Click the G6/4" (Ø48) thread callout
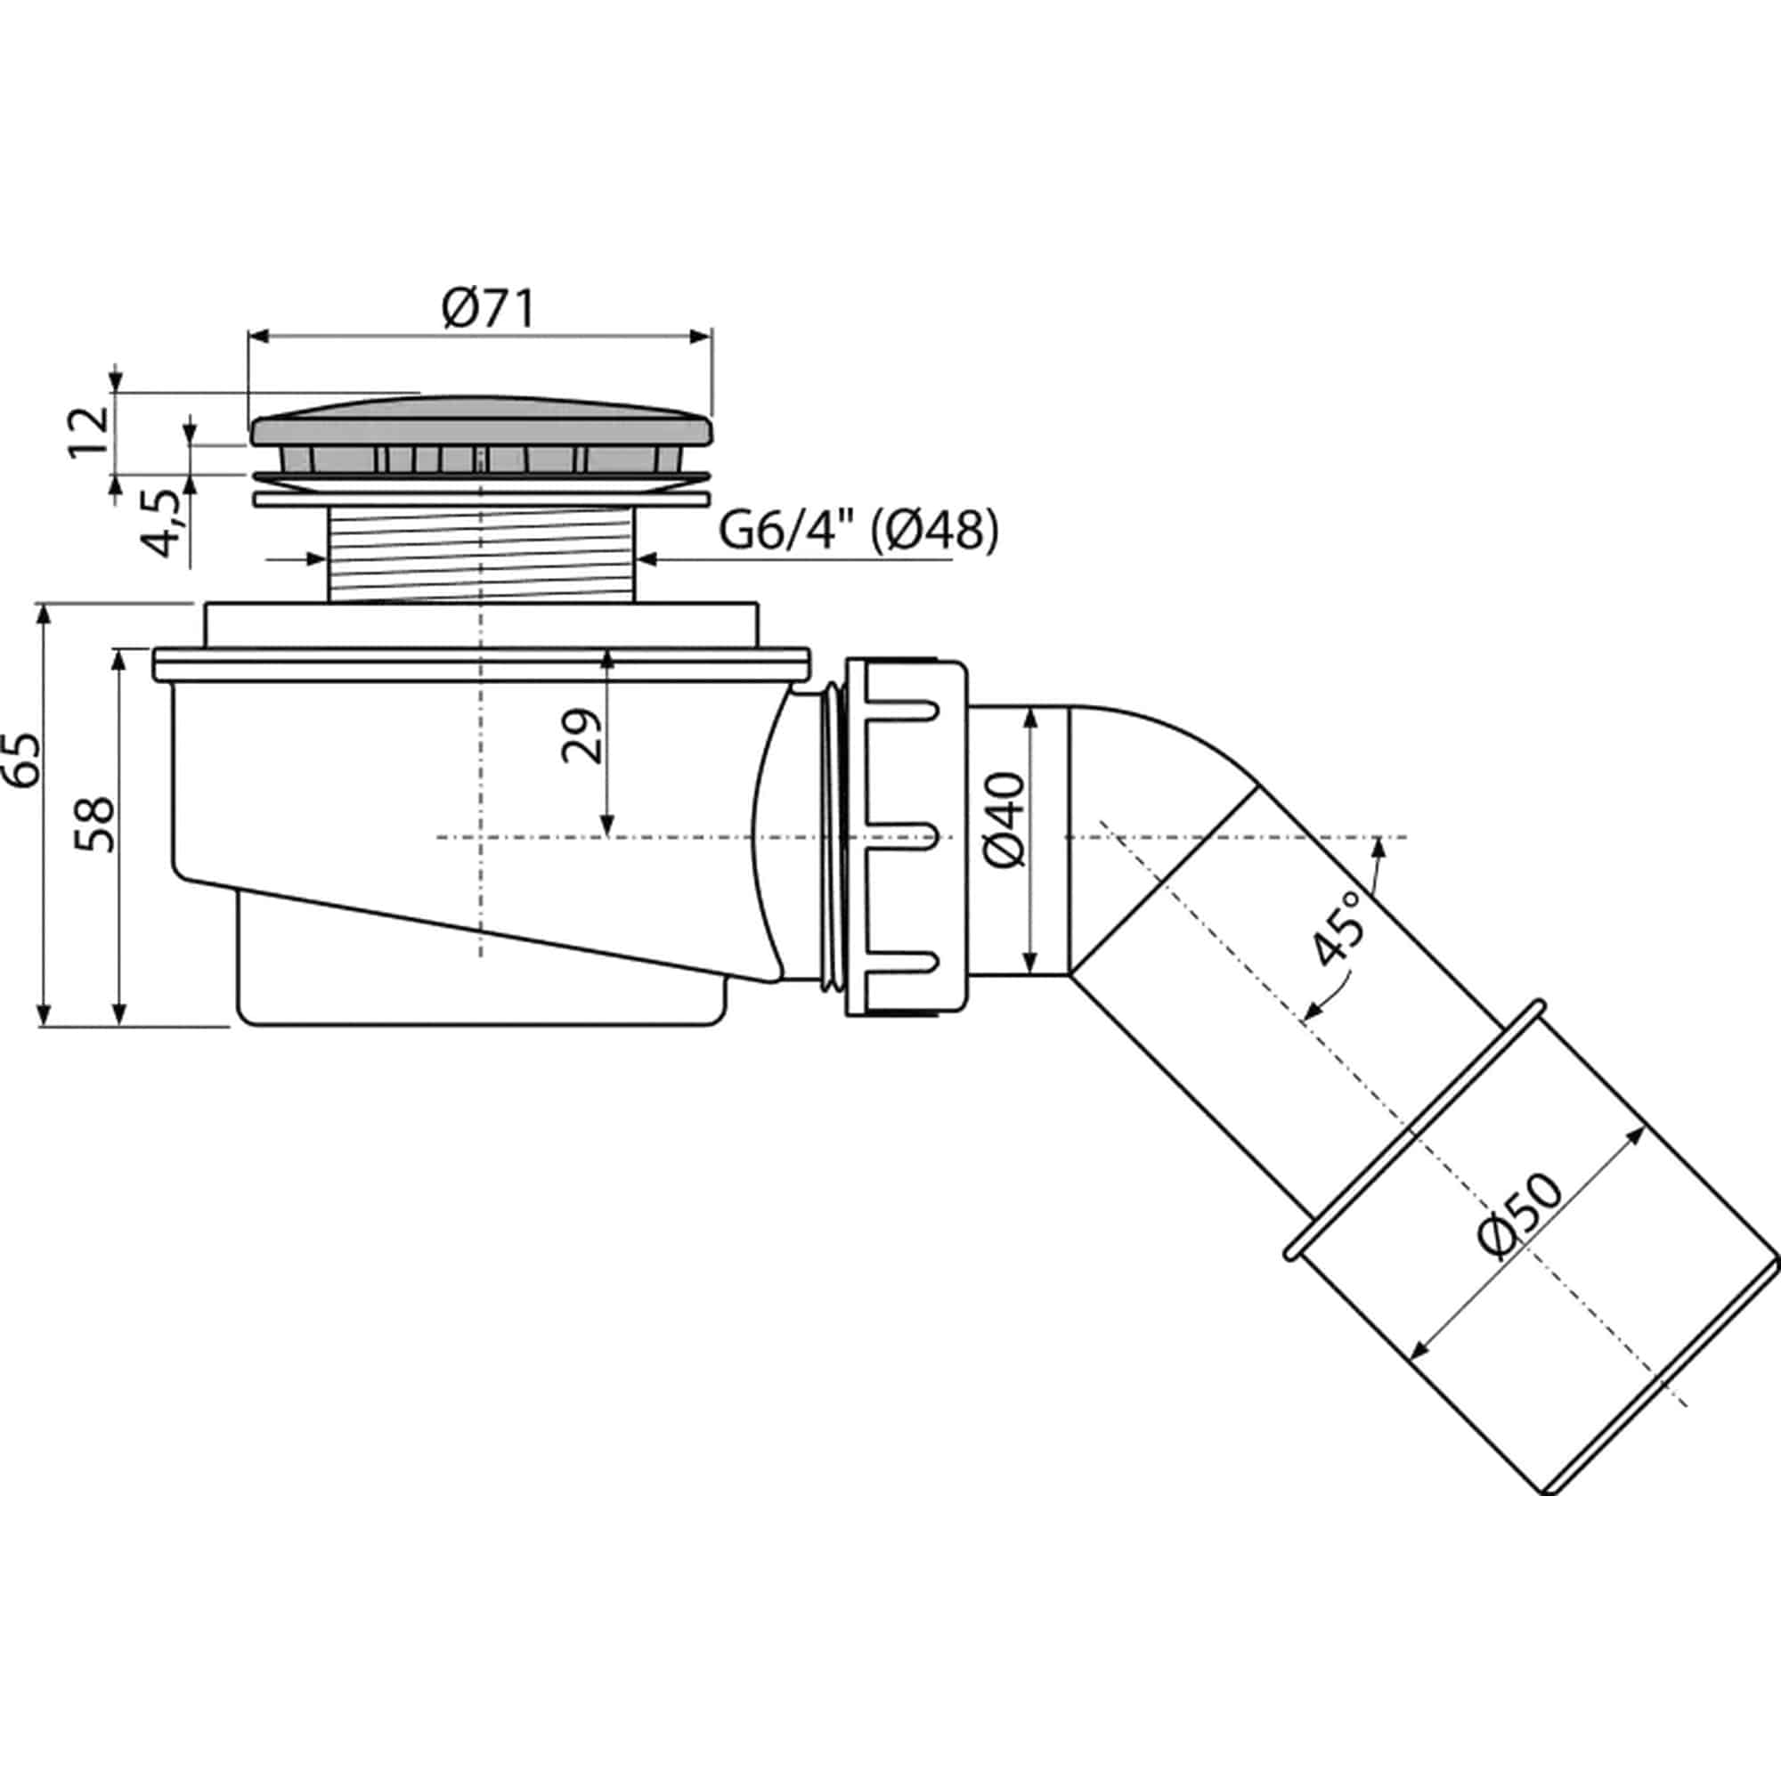point(858,532)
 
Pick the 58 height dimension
point(96,823)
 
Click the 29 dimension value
point(581,736)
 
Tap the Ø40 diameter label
point(1004,819)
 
